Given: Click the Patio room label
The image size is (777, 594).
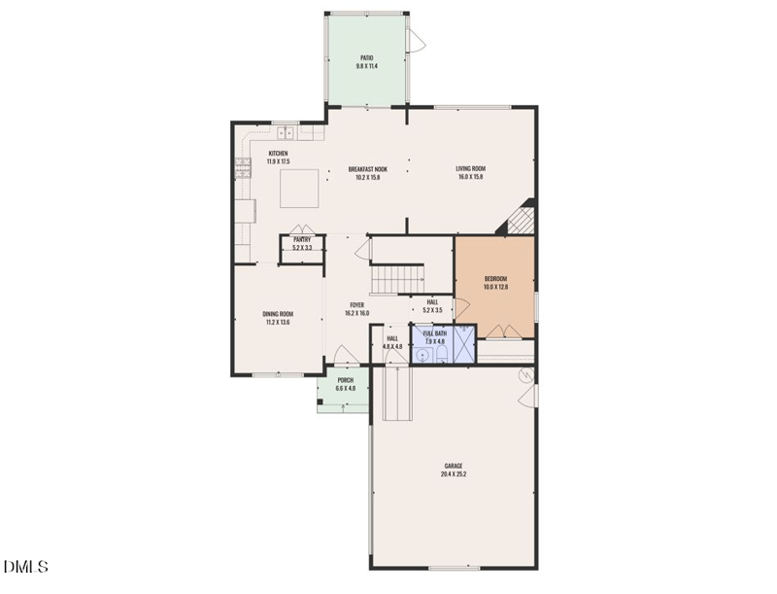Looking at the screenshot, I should tap(366, 57).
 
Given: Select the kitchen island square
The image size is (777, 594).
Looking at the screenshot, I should tap(299, 188).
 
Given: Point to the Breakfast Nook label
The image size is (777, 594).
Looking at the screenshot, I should tap(367, 169).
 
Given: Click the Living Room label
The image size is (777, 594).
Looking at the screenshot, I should tap(470, 169).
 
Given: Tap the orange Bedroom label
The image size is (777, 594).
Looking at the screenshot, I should tap(495, 279).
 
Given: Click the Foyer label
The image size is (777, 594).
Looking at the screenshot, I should tap(356, 305).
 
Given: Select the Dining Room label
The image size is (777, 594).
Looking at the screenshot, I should tap(278, 314).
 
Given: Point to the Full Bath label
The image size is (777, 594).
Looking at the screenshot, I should tap(433, 332).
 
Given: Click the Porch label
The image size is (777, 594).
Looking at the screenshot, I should tap(345, 380).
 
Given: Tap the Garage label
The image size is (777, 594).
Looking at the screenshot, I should tap(454, 467).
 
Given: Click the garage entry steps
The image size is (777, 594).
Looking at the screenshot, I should tap(398, 394).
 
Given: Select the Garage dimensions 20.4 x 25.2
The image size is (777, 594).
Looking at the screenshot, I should tap(454, 475).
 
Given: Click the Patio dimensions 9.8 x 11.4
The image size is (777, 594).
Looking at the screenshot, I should tap(366, 66).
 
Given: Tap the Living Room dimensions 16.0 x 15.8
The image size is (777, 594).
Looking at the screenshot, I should tap(470, 178).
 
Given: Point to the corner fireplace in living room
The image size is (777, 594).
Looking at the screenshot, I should tap(520, 219).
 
